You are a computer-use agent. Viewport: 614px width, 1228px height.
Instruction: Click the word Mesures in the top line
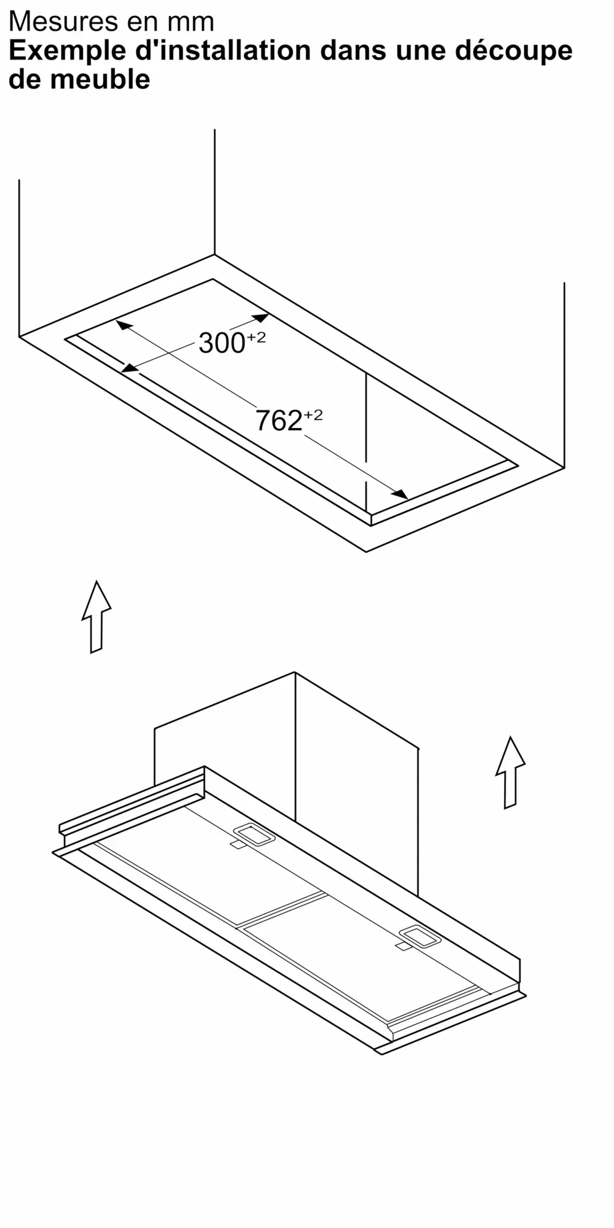[x=64, y=22]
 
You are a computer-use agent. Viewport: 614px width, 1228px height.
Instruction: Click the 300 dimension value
[x=222, y=343]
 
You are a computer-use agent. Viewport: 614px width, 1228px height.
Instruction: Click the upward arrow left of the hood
[x=96, y=616]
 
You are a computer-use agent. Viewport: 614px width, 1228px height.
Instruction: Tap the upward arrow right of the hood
[x=510, y=772]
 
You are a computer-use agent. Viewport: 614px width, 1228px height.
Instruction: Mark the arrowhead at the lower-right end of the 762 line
[x=400, y=494]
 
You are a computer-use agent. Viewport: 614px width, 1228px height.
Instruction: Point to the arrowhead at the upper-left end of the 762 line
[x=125, y=325]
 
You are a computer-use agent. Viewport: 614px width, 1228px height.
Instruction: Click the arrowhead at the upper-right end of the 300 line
[x=260, y=318]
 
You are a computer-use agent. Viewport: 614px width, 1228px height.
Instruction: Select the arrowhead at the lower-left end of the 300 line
[x=129, y=368]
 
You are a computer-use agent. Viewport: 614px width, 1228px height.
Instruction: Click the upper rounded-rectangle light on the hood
[x=254, y=834]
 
